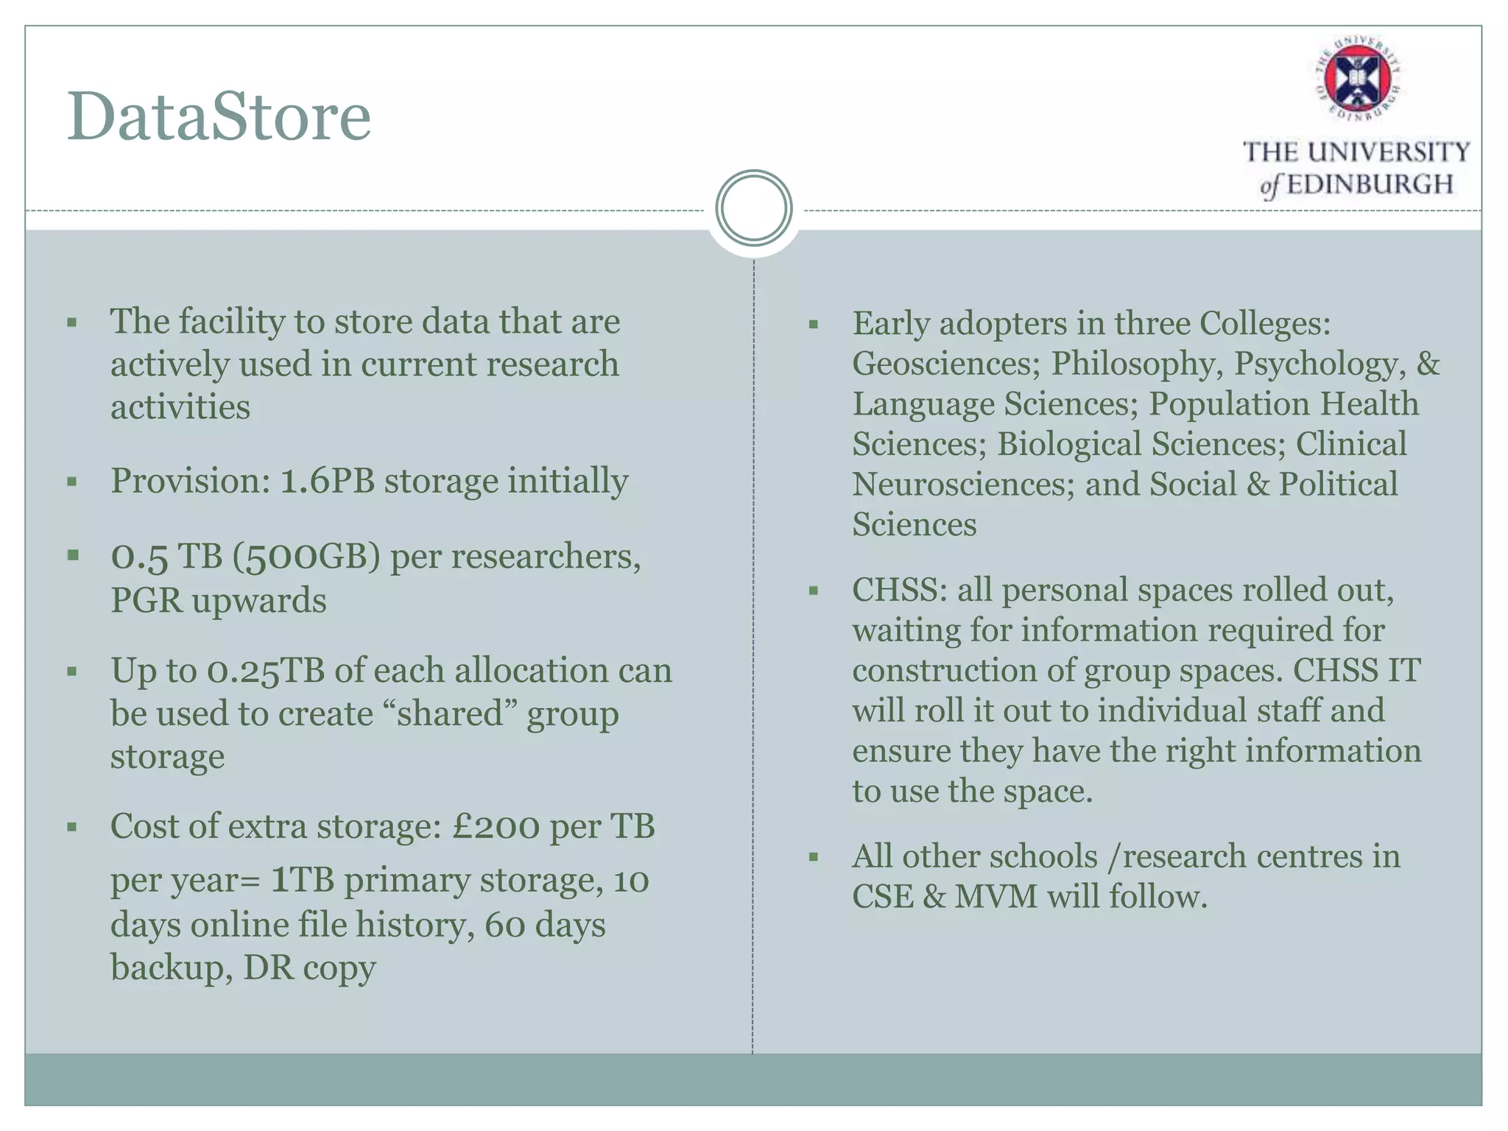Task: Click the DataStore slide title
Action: pos(219,117)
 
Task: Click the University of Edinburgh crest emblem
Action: pos(1358,77)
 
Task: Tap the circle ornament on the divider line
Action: pos(753,208)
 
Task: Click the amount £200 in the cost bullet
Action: pos(496,827)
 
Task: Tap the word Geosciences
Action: pos(945,364)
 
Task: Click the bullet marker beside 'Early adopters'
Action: pos(814,324)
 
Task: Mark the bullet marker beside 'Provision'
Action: pos(71,482)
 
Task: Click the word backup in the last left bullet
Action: pos(166,968)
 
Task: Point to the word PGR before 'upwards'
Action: pos(146,601)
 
